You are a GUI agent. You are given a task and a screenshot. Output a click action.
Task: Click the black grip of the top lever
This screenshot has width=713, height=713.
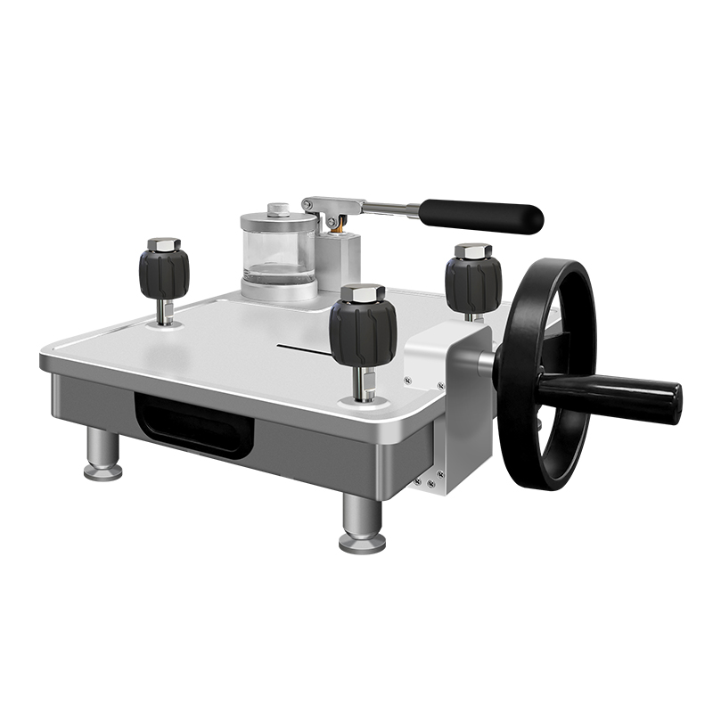tap(481, 216)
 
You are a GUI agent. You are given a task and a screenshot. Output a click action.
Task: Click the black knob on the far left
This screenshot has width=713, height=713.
tap(164, 271)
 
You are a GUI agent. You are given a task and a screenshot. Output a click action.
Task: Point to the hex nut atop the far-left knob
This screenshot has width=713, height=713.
tap(164, 243)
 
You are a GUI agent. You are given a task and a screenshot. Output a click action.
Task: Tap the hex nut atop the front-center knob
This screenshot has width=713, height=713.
tap(363, 293)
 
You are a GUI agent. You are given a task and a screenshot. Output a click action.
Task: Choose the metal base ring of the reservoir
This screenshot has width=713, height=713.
tap(279, 289)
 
